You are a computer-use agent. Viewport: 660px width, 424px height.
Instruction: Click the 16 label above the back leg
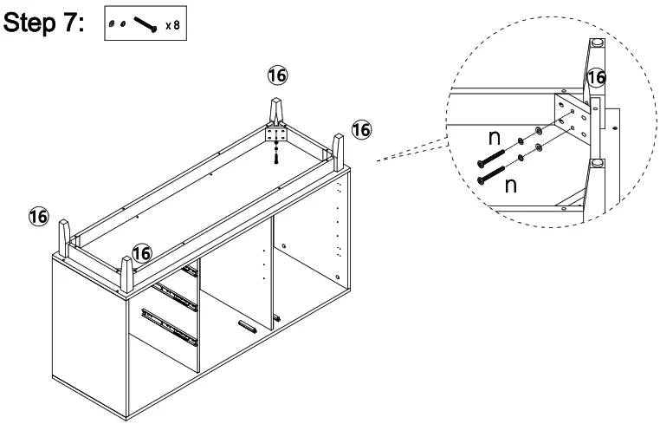pyautogui.click(x=277, y=75)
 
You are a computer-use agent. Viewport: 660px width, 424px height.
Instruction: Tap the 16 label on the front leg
pyautogui.click(x=142, y=252)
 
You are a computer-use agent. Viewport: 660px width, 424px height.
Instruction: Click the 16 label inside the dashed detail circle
pyautogui.click(x=595, y=77)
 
